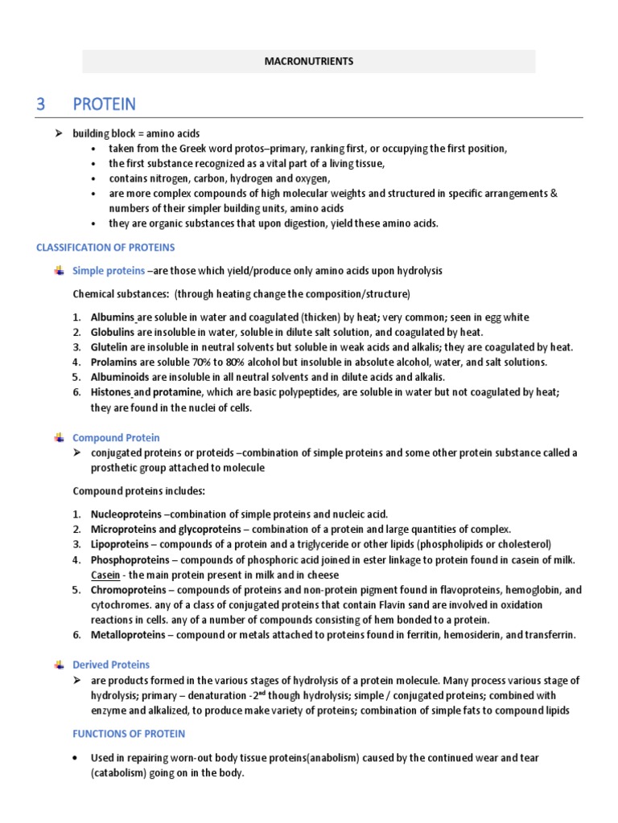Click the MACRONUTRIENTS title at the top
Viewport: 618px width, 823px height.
pyautogui.click(x=309, y=61)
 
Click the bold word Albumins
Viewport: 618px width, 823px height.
pyautogui.click(x=112, y=317)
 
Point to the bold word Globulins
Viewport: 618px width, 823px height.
pyautogui.click(x=113, y=332)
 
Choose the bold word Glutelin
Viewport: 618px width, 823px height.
pyautogui.click(x=109, y=347)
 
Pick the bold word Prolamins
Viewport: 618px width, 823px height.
pyautogui.click(x=113, y=362)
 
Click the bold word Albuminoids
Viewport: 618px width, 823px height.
pyautogui.click(x=119, y=377)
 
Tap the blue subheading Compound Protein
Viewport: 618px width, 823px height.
pyautogui.click(x=116, y=438)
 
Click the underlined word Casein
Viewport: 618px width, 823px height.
pyautogui.click(x=105, y=575)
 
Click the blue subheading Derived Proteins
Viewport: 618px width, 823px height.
pyautogui.click(x=111, y=665)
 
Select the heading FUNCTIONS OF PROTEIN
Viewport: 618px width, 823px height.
pyautogui.click(x=129, y=734)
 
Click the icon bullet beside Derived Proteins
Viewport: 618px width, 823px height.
pyautogui.click(x=59, y=665)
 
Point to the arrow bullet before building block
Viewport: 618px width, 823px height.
pyautogui.click(x=59, y=133)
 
